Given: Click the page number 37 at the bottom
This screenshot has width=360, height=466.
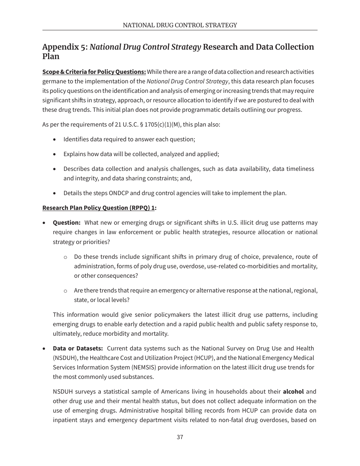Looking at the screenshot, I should [180, 437].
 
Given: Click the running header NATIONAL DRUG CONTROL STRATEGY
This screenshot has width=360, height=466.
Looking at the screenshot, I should [180, 25].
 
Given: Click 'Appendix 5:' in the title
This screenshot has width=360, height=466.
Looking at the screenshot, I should [65, 47].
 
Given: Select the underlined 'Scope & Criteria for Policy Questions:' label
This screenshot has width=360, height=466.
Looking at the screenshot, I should [94, 72].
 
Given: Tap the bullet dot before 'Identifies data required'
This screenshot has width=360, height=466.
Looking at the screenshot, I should [55, 139].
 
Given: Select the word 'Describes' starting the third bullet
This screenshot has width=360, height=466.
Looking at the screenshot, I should [76, 169].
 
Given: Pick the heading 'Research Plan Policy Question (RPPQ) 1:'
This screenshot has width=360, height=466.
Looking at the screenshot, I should [99, 208].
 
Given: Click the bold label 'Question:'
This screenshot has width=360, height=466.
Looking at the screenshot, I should [67, 222].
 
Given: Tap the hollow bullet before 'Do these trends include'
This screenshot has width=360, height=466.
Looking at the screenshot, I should [65, 257].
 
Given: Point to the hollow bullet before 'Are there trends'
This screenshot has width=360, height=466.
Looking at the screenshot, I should [65, 291].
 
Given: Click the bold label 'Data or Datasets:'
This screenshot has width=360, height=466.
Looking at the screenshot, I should [78, 348].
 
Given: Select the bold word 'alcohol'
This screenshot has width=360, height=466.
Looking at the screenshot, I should [293, 391].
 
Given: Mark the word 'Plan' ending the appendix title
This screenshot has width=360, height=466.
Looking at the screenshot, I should [51, 56].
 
